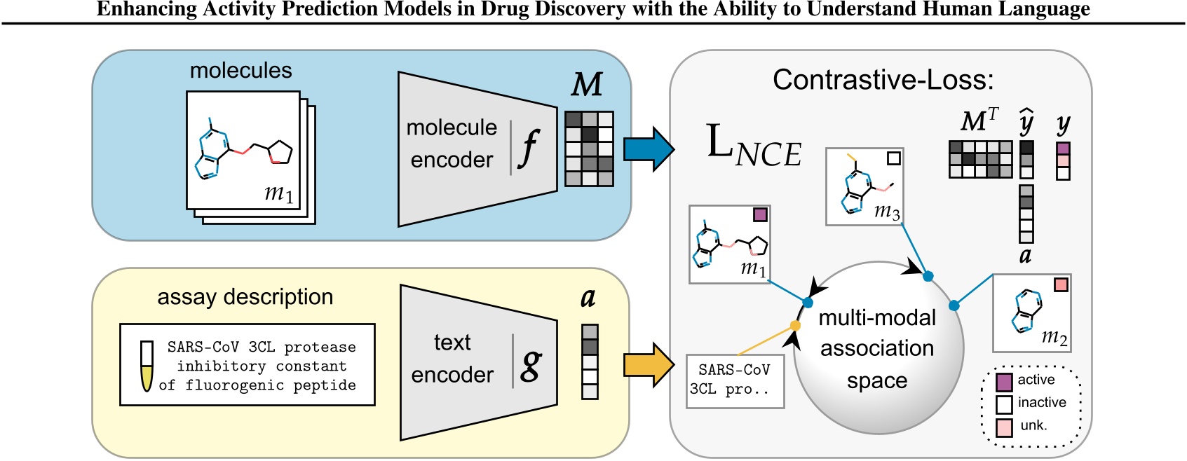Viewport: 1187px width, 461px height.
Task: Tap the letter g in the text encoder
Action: point(531,364)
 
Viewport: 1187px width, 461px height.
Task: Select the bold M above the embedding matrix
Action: point(587,85)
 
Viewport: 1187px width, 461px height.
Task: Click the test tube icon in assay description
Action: point(147,366)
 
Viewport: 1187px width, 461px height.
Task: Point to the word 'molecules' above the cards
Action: point(240,71)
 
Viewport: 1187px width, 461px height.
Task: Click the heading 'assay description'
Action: point(245,297)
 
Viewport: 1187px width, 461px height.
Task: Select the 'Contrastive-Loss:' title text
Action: point(883,80)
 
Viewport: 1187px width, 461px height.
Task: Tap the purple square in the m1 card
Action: point(760,214)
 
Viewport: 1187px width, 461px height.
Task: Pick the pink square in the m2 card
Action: point(1061,284)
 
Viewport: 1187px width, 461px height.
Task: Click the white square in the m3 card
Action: point(893,158)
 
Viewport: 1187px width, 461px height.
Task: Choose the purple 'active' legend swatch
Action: point(1004,382)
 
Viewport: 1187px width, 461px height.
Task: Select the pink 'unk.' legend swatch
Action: point(1004,427)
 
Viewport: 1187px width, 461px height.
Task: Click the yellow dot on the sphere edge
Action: point(795,326)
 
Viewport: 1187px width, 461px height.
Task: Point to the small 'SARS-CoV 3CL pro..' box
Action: point(734,380)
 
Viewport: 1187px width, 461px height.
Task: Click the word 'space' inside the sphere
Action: point(877,380)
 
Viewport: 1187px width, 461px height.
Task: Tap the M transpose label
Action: point(979,121)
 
